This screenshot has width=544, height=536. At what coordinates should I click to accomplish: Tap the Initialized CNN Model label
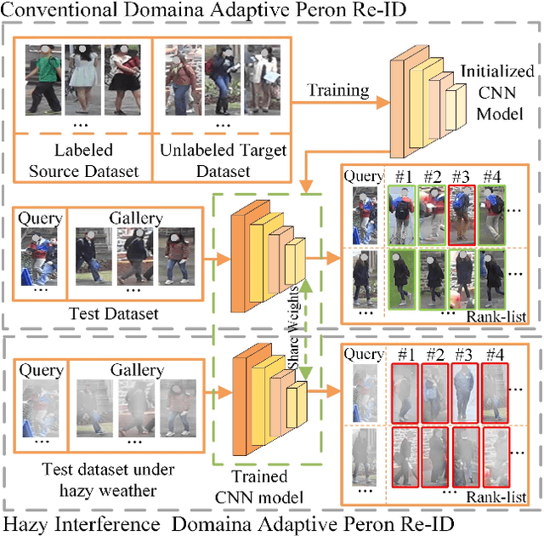coord(498,94)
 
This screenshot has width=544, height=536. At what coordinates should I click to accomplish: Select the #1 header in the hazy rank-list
coord(405,354)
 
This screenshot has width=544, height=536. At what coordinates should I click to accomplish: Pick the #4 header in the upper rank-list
coord(492,177)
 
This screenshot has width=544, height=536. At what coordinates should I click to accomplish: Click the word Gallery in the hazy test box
coord(136,370)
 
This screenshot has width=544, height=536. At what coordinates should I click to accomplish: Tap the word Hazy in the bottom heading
coord(25,522)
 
